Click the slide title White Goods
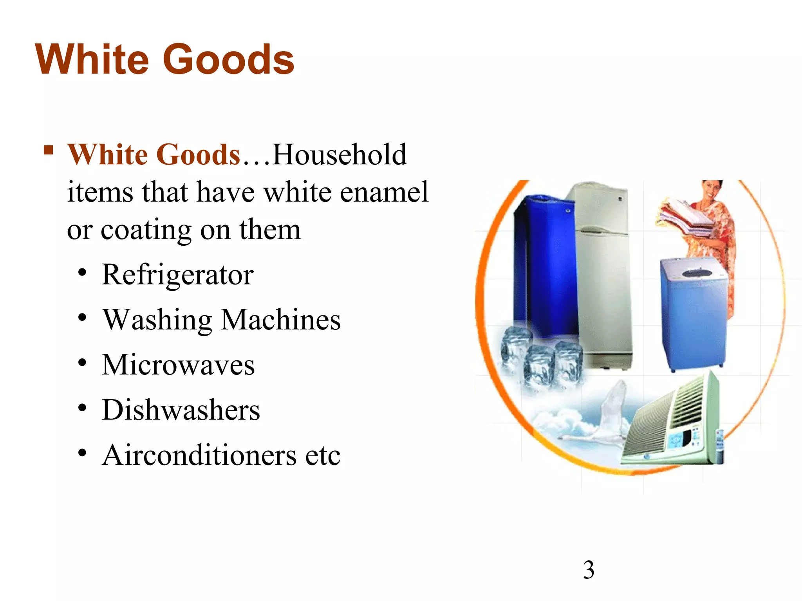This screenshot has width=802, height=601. [x=164, y=59]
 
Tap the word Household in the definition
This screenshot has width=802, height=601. [x=339, y=155]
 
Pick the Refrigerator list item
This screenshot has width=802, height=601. [x=177, y=275]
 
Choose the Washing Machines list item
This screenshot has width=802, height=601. [x=221, y=320]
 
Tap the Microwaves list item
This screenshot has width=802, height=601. [x=178, y=365]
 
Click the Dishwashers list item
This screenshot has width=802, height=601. [x=181, y=410]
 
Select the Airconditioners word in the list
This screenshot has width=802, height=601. [x=199, y=455]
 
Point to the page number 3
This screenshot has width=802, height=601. [x=588, y=570]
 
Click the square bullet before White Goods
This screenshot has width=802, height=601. [x=48, y=150]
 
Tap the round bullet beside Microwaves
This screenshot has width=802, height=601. [x=82, y=363]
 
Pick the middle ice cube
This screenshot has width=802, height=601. [x=539, y=366]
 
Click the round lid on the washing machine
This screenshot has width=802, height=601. [x=695, y=272]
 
